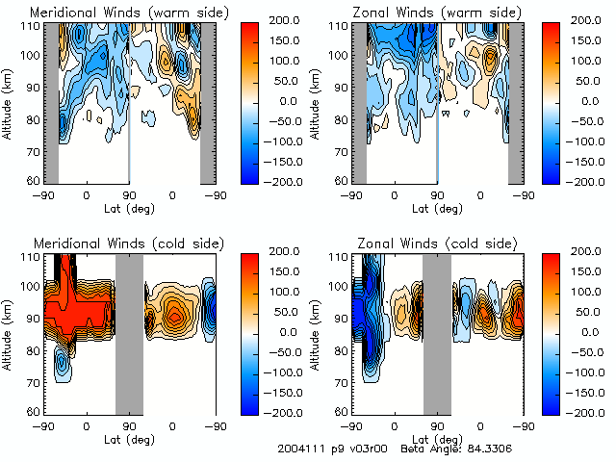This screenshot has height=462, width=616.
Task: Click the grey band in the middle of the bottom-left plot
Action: [129, 333]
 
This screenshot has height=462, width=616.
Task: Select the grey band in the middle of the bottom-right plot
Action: [437, 333]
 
